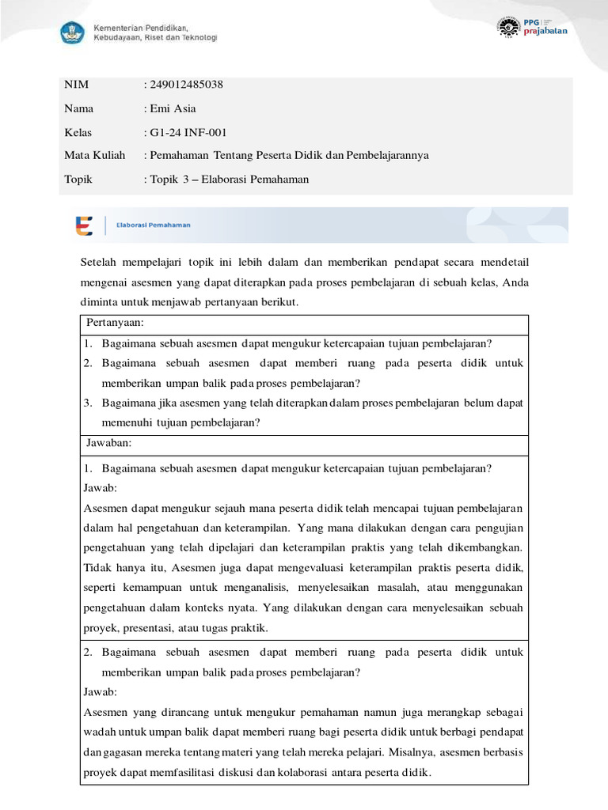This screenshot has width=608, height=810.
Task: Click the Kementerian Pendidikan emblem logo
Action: (x=72, y=32)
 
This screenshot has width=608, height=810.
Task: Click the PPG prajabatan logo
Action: (x=531, y=26)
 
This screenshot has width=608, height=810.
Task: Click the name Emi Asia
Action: (x=173, y=108)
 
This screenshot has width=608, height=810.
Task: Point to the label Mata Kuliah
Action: (x=94, y=155)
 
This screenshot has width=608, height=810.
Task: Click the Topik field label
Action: (x=78, y=179)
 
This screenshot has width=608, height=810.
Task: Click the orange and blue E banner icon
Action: (x=84, y=225)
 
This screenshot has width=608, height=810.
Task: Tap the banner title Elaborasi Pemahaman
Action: (x=153, y=225)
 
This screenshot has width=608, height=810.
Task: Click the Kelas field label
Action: (x=78, y=132)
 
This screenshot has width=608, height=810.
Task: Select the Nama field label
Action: (x=78, y=108)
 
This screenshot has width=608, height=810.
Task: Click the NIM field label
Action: (x=75, y=85)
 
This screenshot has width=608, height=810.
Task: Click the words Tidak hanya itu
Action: (x=115, y=568)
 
